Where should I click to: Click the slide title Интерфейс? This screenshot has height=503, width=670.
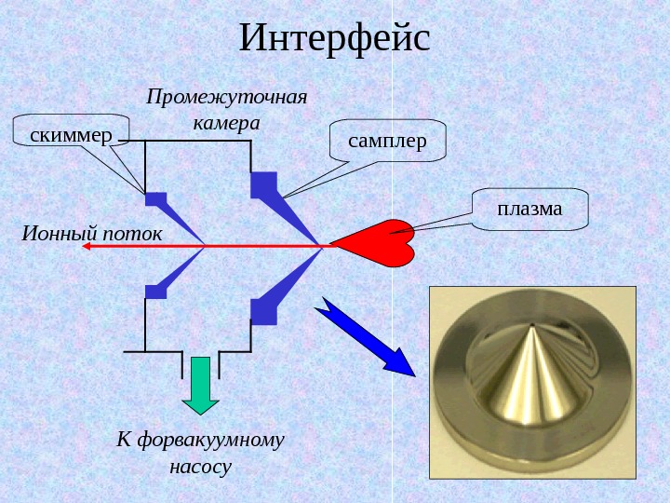(x=335, y=39)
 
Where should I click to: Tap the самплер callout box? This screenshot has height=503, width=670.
(x=388, y=141)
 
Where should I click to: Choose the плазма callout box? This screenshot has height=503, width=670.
(x=529, y=210)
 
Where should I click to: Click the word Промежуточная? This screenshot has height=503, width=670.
(x=226, y=96)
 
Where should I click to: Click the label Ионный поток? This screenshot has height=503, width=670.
(x=91, y=230)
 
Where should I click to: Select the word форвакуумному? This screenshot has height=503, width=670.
(x=215, y=438)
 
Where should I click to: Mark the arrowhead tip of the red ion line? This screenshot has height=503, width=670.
(x=87, y=246)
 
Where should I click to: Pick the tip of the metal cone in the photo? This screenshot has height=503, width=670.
(x=531, y=327)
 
